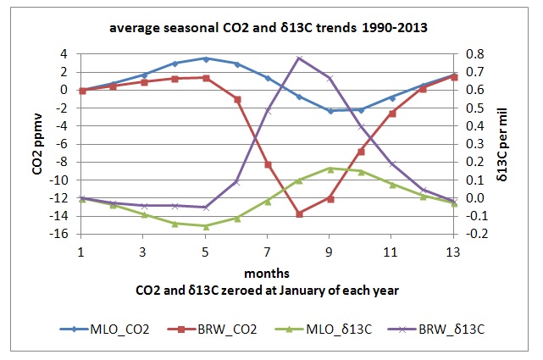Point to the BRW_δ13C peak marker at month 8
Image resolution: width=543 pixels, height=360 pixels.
coord(299,58)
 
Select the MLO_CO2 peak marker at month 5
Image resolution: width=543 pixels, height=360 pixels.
coord(205,58)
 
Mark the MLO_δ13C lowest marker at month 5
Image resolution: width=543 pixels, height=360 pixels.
coord(205,226)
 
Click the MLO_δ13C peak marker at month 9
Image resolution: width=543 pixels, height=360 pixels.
coord(330,169)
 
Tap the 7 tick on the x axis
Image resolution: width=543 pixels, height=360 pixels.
coord(268,252)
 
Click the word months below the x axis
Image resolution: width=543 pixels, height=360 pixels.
coord(268,274)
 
